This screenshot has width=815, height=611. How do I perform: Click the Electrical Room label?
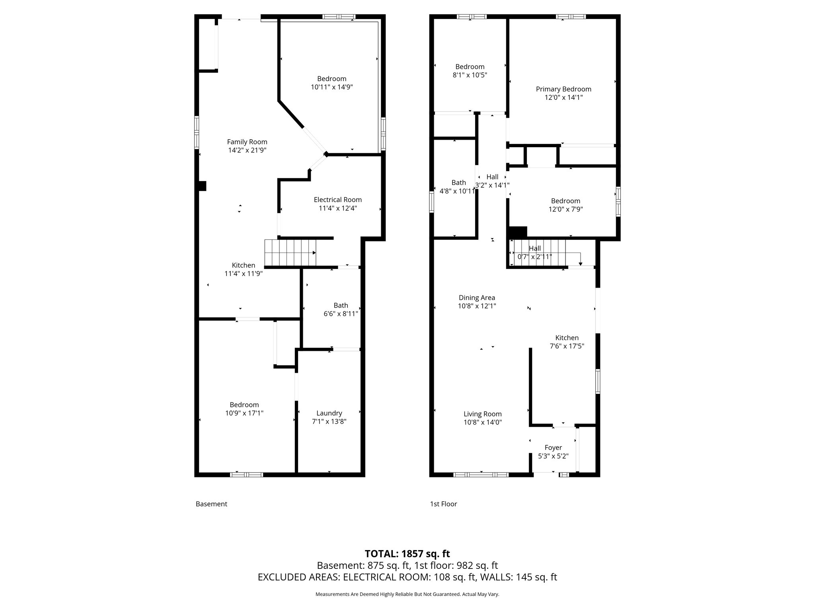point(337,200)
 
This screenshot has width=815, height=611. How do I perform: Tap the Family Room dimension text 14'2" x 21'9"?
point(247,150)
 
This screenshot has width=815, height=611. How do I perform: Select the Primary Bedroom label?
point(563,89)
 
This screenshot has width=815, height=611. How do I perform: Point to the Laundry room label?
point(329,413)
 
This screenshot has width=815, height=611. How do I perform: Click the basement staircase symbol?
point(291,253)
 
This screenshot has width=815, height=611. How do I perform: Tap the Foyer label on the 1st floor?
point(553,448)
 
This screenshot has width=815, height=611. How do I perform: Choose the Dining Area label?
point(477,298)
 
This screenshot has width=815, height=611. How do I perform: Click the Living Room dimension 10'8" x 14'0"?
point(482,422)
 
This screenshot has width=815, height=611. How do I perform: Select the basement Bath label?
point(341,305)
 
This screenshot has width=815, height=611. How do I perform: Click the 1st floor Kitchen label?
point(567,338)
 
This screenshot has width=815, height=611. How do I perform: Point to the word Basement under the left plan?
point(211,504)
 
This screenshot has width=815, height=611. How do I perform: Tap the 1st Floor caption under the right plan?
point(443,504)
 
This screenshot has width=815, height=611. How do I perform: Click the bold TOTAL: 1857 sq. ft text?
point(407,554)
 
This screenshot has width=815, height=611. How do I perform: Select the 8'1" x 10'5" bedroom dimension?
point(470,75)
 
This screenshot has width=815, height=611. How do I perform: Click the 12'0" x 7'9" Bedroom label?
point(565,201)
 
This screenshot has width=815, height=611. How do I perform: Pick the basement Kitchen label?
point(244,265)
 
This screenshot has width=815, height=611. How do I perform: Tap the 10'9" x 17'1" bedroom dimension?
point(244,413)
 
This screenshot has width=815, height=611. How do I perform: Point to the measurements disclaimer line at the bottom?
point(407,594)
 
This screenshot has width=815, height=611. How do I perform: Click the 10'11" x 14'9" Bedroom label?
point(331,79)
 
